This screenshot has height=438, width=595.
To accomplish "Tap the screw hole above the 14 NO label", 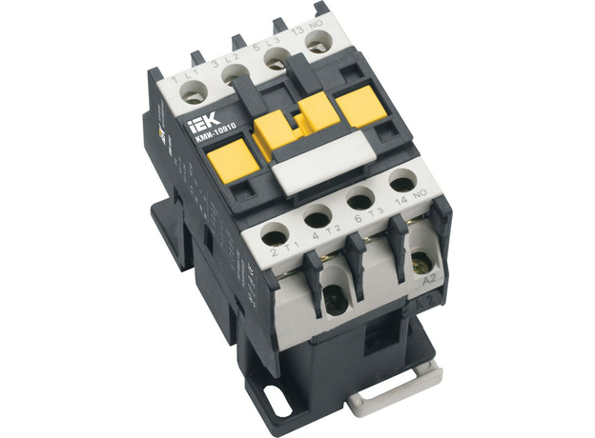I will click(402, 178).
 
